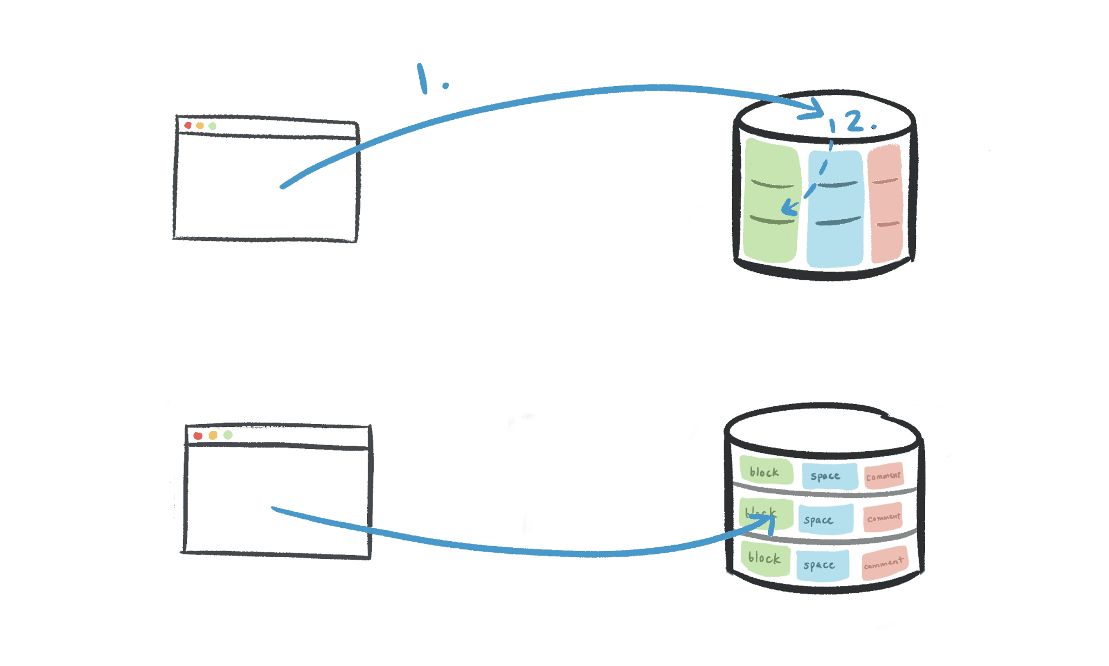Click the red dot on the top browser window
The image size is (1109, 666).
188,125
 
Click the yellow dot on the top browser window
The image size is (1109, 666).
200,126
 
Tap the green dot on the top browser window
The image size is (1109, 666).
212,127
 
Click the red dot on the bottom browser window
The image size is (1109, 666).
198,436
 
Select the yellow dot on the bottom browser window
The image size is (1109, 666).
213,435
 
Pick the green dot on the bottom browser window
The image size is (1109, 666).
228,435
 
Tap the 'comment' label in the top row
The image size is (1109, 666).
883,476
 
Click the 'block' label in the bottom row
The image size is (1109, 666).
764,558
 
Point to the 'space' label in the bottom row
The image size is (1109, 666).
820,565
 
